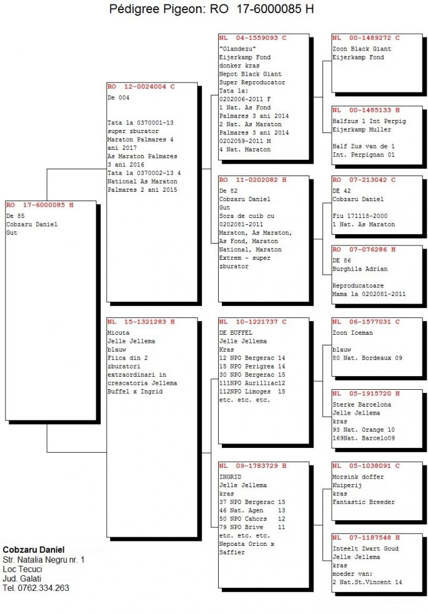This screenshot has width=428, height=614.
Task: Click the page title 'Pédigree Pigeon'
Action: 157,9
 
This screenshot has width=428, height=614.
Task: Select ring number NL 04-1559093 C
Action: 252,38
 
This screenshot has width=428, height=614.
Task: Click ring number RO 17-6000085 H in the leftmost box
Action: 39,205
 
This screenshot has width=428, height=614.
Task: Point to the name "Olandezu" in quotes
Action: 237,49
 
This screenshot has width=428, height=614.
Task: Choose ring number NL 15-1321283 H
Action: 141,322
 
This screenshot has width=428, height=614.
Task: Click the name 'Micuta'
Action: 118,333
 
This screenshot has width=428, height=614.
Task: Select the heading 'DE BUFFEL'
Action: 236,333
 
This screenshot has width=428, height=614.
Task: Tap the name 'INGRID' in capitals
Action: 231,477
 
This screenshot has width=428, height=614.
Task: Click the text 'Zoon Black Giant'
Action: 362,49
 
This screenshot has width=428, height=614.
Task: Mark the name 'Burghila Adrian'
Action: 360,269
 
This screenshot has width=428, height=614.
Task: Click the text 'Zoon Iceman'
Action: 352,333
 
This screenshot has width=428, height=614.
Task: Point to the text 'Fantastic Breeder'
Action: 364,502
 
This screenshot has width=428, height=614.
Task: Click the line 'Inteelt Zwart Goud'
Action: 366,548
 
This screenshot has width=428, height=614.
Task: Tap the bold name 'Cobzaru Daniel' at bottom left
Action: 34,550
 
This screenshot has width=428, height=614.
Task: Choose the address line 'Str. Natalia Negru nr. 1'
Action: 44,560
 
